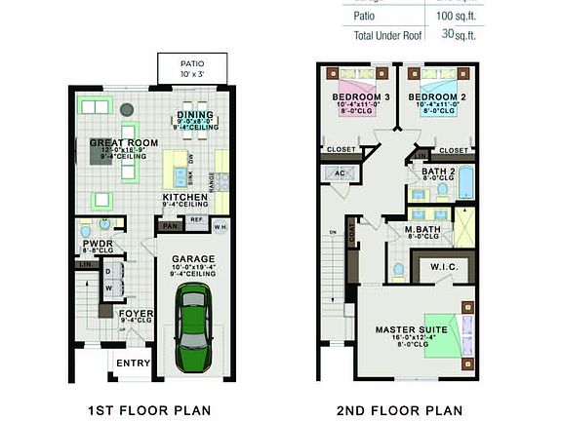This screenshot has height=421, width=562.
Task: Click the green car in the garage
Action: point(190,326)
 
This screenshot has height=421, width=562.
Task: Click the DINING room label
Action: point(194,115)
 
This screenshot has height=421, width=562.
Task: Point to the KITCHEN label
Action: point(185,198)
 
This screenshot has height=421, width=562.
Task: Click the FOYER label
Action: point(136,314)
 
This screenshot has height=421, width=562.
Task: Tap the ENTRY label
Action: point(133,364)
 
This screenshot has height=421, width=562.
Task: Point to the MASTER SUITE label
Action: point(411,330)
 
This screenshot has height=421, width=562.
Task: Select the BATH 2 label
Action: point(437,172)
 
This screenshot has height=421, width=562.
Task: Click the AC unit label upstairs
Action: point(340,172)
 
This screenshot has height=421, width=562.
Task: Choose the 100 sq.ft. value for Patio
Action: point(455,17)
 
